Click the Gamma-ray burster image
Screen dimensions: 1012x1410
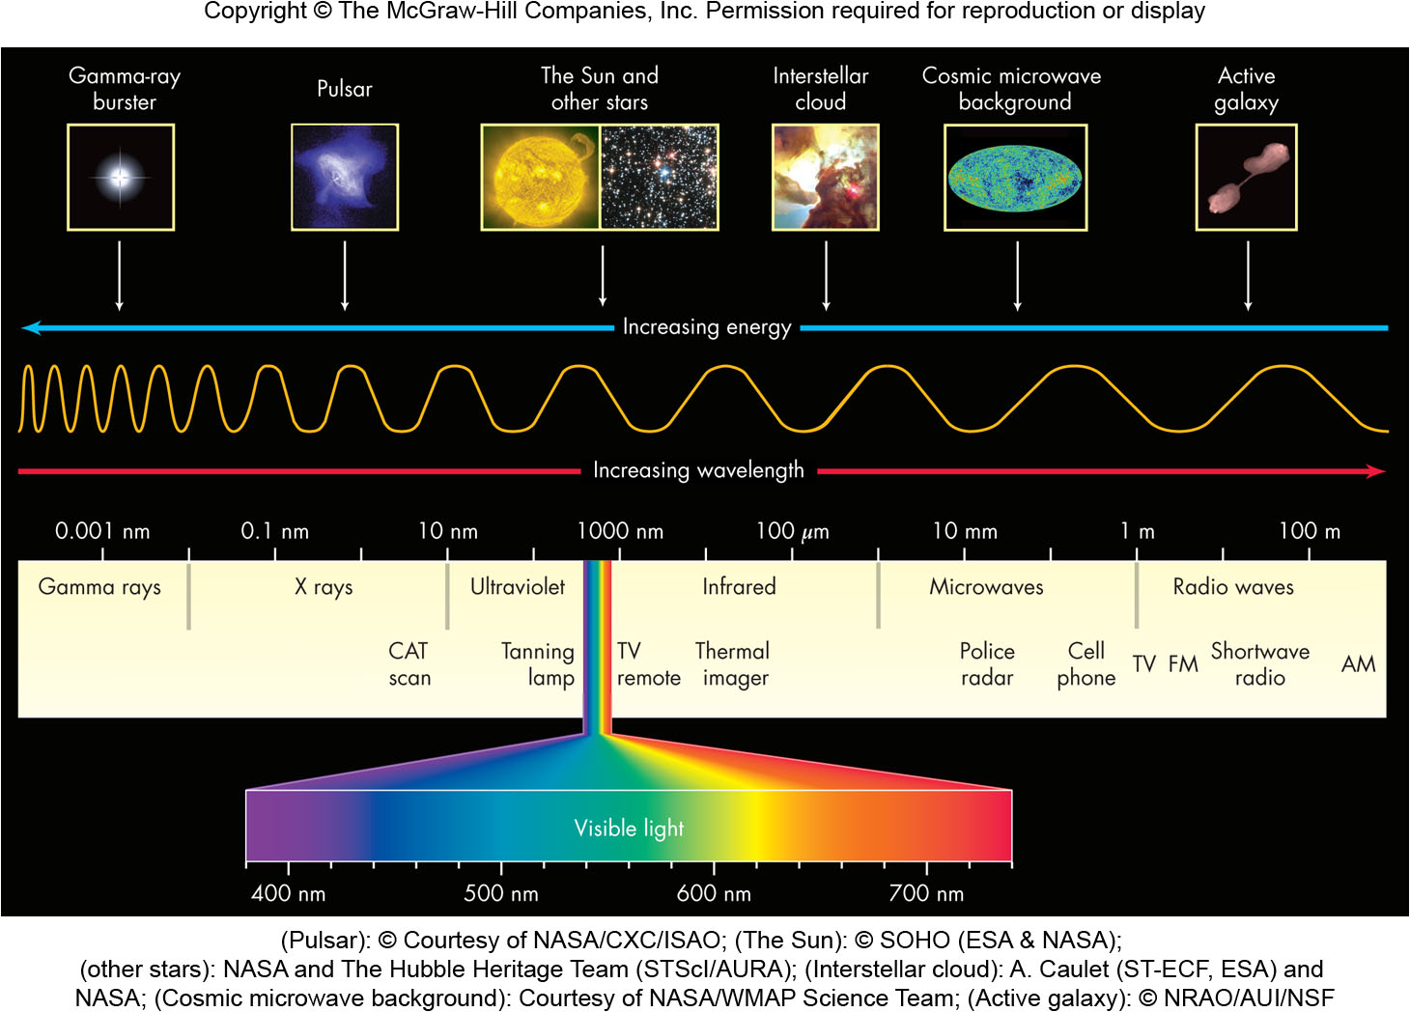coord(121,178)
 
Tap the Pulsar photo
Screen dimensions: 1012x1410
coord(345,178)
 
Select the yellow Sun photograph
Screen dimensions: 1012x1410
coord(541,178)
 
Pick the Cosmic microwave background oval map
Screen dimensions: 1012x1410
coord(1015,178)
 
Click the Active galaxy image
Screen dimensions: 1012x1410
coord(1246,178)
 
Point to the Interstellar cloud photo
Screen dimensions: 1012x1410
coord(825,178)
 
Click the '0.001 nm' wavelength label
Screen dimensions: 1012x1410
coord(102,531)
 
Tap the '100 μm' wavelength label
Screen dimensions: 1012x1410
coord(792,531)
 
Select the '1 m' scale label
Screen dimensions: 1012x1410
coord(1137,531)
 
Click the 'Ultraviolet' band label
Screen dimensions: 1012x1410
coord(518,586)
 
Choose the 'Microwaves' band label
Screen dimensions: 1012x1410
coord(986,586)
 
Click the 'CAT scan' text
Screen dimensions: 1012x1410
coord(409,664)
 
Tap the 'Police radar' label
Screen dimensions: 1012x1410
coord(987,664)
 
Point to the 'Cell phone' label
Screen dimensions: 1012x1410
coord(1086,664)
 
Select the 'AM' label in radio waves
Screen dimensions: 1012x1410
coord(1358,664)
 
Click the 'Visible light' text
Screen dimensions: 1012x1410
coord(629,828)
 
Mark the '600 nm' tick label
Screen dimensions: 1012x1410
coord(714,893)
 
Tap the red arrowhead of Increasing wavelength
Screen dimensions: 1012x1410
coord(1376,471)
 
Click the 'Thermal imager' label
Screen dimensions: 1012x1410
coord(734,664)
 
